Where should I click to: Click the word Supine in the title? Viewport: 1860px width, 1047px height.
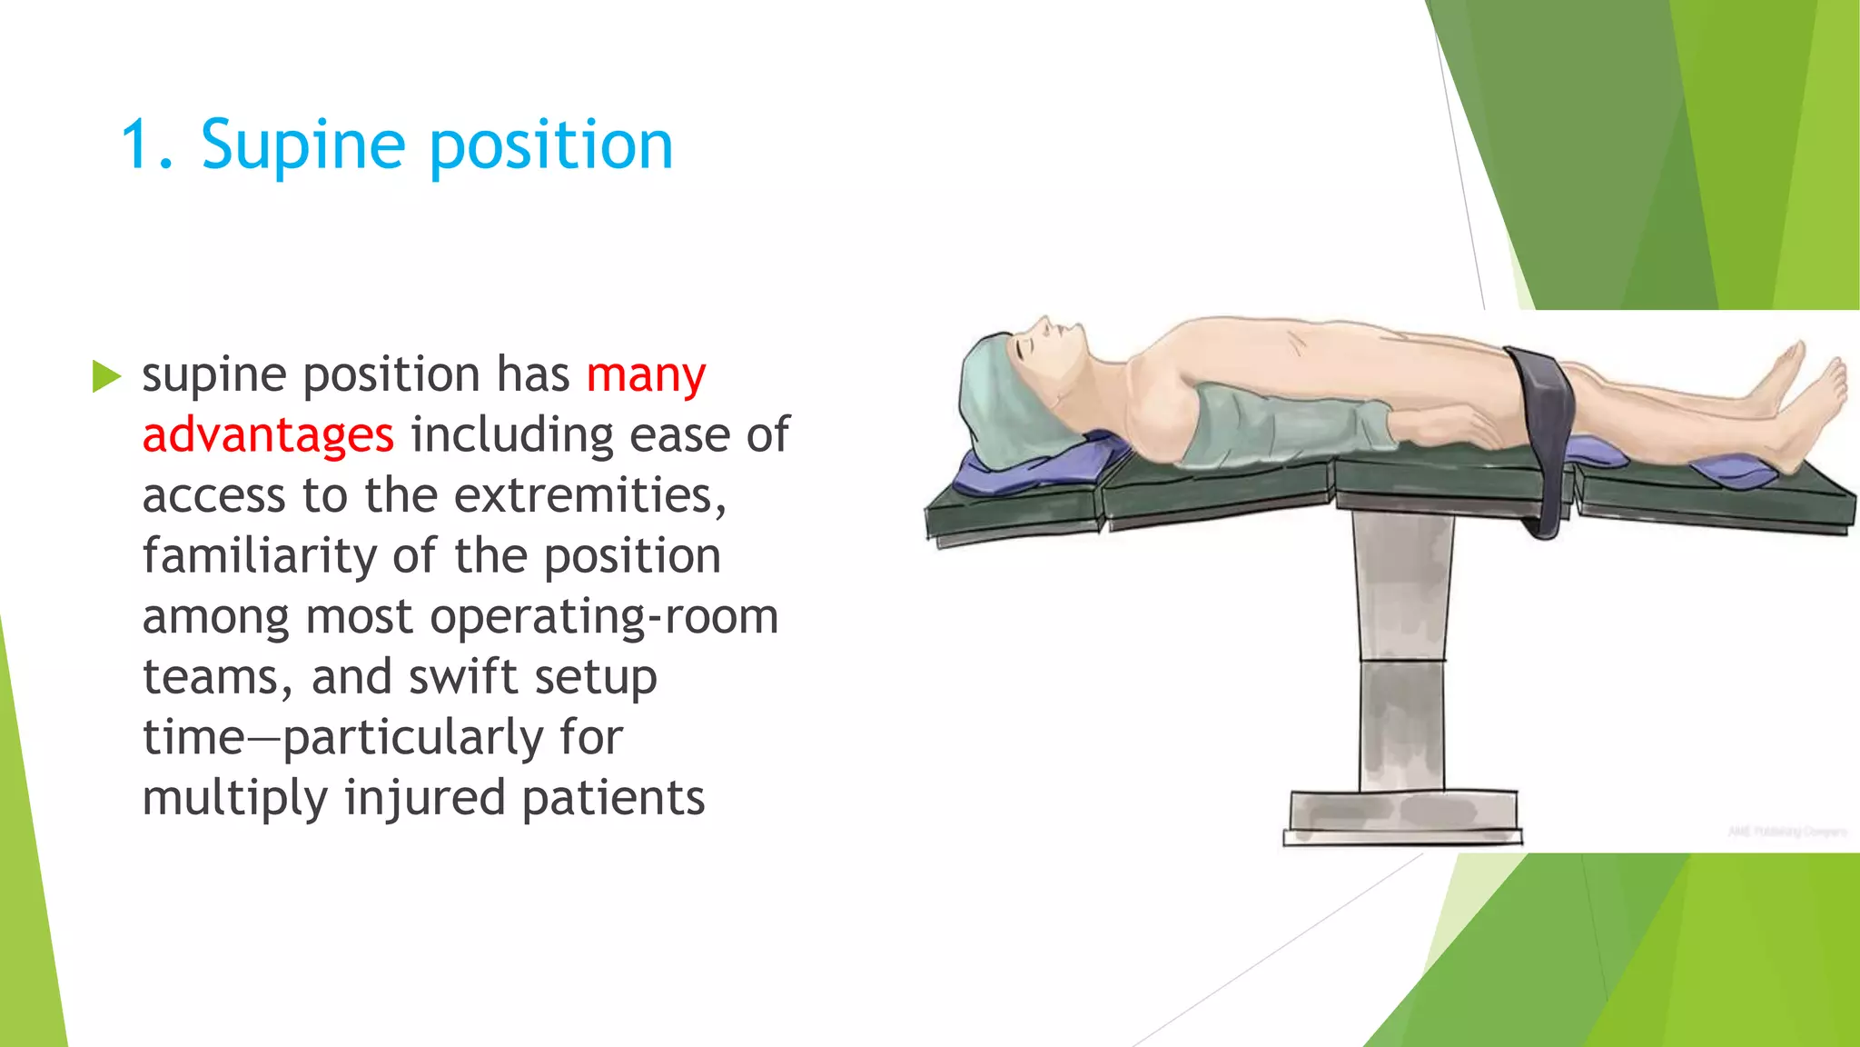point(302,145)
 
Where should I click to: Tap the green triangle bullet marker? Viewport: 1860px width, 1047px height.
point(105,376)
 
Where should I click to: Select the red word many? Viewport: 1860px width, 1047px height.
point(646,374)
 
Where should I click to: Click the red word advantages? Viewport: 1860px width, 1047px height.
point(268,434)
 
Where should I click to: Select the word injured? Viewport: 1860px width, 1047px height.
point(423,798)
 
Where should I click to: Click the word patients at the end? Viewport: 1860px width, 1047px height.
point(613,798)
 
